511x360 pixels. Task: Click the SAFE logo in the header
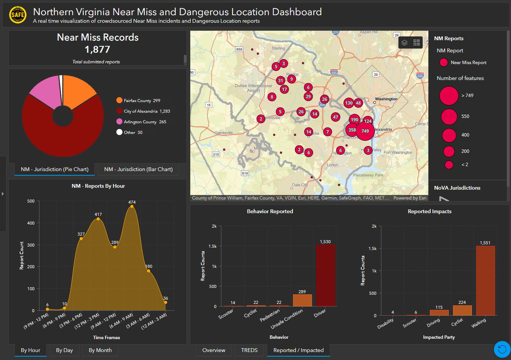point(18,15)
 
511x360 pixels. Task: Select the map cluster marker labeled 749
point(365,131)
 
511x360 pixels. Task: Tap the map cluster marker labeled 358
point(352,130)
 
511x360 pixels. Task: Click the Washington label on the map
point(386,99)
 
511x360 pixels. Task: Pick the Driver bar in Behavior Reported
point(325,275)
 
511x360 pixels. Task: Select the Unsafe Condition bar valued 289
point(302,300)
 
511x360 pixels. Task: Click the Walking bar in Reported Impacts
point(485,280)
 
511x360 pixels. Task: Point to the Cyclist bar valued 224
point(462,310)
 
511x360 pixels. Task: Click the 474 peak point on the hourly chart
point(132,206)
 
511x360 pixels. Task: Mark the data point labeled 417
point(98,219)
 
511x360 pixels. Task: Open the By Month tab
point(100,350)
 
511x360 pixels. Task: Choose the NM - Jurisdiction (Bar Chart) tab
point(138,169)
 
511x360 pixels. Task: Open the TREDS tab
point(249,350)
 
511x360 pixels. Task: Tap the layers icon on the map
point(404,42)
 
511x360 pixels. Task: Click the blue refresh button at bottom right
point(502,349)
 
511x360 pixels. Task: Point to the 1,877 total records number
point(97,49)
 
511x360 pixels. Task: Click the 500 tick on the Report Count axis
point(31,201)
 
